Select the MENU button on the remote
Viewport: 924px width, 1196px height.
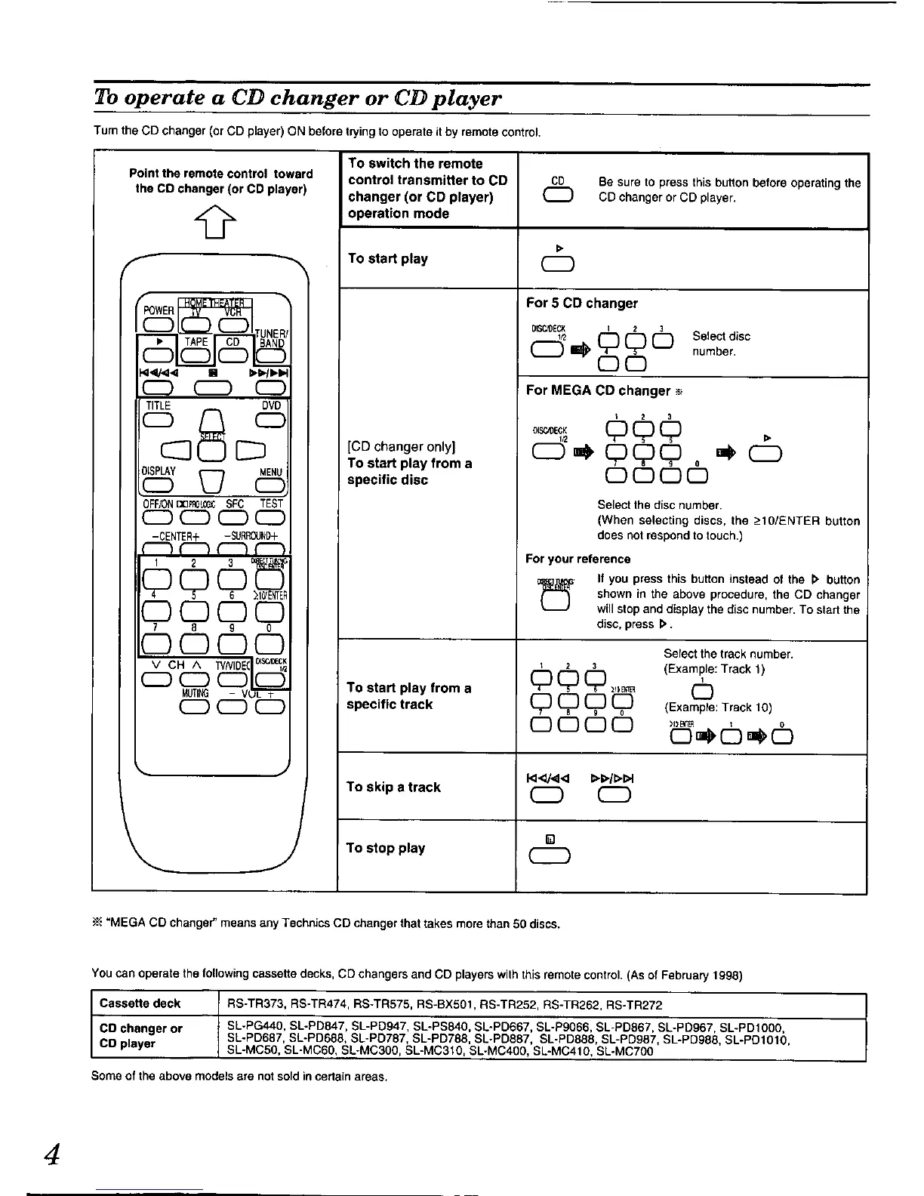pyautogui.click(x=270, y=487)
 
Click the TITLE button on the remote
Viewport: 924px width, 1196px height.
pyautogui.click(x=159, y=421)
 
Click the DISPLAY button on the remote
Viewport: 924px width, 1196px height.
pyautogui.click(x=159, y=487)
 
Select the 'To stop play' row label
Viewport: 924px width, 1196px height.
pyautogui.click(x=386, y=848)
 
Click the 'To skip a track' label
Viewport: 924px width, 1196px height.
pyautogui.click(x=393, y=787)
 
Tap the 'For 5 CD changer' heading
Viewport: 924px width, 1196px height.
pyautogui.click(x=581, y=303)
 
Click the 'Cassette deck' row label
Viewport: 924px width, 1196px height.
pyautogui.click(x=140, y=1003)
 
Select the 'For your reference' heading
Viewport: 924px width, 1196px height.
pyautogui.click(x=577, y=559)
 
